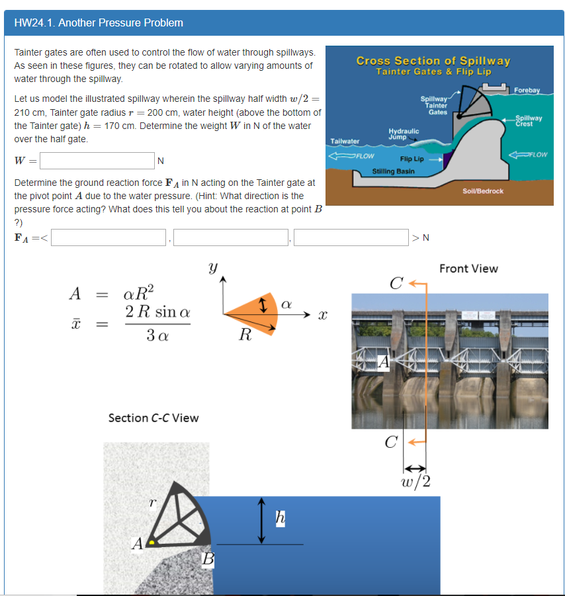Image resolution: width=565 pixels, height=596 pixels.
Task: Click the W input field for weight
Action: click(x=97, y=161)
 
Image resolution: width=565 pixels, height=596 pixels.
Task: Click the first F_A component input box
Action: click(x=109, y=237)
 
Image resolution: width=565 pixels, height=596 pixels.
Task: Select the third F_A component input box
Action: click(x=351, y=237)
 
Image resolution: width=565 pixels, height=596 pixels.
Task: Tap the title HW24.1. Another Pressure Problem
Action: click(x=99, y=23)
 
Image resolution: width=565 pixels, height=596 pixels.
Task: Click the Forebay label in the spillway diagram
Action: click(x=527, y=90)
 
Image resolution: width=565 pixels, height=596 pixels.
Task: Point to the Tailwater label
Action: click(x=345, y=142)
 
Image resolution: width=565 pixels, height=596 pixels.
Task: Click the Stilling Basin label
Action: click(x=394, y=171)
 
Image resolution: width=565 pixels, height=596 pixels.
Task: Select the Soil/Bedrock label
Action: click(x=483, y=191)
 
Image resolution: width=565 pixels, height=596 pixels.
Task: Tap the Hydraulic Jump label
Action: click(x=404, y=134)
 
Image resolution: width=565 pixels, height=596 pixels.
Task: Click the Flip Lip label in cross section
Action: click(x=412, y=159)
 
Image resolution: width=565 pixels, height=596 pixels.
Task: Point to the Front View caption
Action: click(x=468, y=269)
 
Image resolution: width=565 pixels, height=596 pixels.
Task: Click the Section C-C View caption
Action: click(x=153, y=417)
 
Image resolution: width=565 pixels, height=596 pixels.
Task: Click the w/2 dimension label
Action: click(x=416, y=480)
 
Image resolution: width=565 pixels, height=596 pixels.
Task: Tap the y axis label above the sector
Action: click(x=212, y=268)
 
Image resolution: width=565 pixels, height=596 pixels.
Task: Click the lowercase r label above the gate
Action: click(x=152, y=503)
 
